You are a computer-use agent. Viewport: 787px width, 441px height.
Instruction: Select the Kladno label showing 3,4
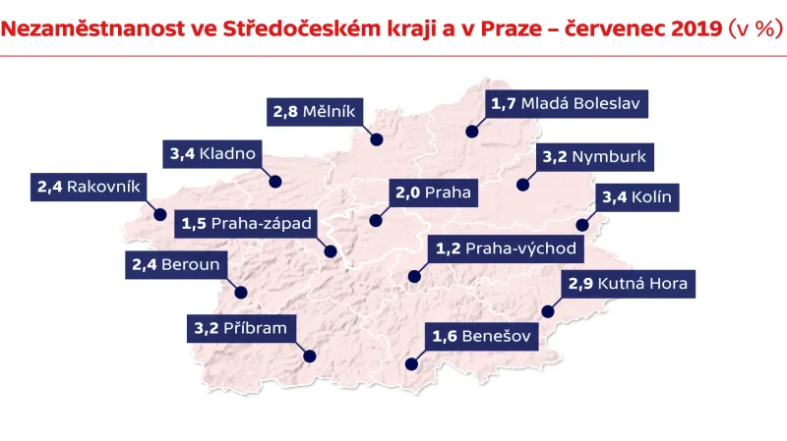pos(213,153)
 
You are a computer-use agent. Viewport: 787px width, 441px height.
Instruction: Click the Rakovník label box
pos(90,187)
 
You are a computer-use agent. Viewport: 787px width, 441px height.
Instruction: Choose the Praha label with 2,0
pos(433,193)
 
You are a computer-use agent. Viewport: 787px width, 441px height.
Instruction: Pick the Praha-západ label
pos(247,224)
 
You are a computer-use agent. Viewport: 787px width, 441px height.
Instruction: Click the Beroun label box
pos(176,264)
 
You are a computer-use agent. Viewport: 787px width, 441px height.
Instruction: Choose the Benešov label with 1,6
pos(482,338)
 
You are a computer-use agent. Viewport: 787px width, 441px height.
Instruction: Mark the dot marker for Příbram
pos(310,357)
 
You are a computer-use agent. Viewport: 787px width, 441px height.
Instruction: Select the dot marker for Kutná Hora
pos(548,313)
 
